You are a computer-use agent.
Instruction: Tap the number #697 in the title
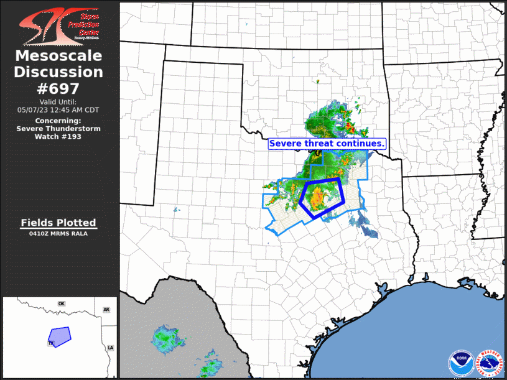58,88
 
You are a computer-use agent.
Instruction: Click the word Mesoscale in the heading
58,56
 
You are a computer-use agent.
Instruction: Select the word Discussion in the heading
58,72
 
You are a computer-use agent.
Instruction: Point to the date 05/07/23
34,109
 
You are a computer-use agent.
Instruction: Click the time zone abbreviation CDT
91,109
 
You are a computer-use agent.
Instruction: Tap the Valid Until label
58,101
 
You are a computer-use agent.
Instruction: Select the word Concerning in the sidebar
58,120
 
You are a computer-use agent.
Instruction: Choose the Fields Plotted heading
58,223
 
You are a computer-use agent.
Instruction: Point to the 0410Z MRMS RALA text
58,234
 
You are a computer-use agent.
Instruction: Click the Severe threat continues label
327,144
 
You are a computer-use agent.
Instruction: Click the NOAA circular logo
460,363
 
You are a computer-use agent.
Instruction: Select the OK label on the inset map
62,304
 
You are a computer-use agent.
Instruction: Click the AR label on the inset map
106,309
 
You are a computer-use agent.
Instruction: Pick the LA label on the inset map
111,347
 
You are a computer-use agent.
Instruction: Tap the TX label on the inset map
51,343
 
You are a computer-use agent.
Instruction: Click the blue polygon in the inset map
60,336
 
